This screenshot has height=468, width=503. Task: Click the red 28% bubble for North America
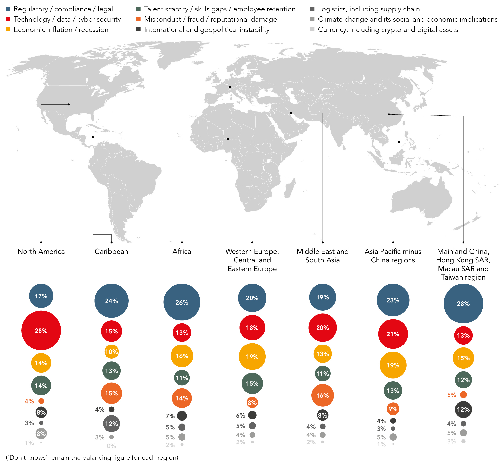coord(41,331)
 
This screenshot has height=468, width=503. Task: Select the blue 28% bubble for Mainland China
coord(463,304)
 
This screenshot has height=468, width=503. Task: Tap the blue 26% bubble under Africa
coord(182,302)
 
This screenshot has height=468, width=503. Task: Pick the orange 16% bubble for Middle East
coord(323,395)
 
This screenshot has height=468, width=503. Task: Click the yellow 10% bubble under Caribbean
coord(111,352)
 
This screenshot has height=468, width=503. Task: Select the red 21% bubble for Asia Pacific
coord(393,334)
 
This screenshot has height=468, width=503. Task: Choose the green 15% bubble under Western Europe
coord(252,384)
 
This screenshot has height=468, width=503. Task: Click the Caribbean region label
coord(111,251)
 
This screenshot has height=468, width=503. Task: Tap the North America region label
coord(41,251)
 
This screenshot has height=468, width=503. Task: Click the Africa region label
coord(182,251)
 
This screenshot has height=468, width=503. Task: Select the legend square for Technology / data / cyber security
coord(8,19)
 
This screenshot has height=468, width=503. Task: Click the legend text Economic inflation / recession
coord(61,30)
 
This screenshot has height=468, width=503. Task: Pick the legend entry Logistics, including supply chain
coord(369,9)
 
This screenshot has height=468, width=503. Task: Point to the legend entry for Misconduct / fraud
coord(210,19)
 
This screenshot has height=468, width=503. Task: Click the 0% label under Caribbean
coord(111,446)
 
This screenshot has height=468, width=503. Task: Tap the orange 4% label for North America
coord(29,401)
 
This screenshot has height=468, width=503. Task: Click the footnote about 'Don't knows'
coord(92,458)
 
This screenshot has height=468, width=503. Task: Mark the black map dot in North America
coord(69,104)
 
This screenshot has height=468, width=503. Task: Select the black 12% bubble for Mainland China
coord(463,410)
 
